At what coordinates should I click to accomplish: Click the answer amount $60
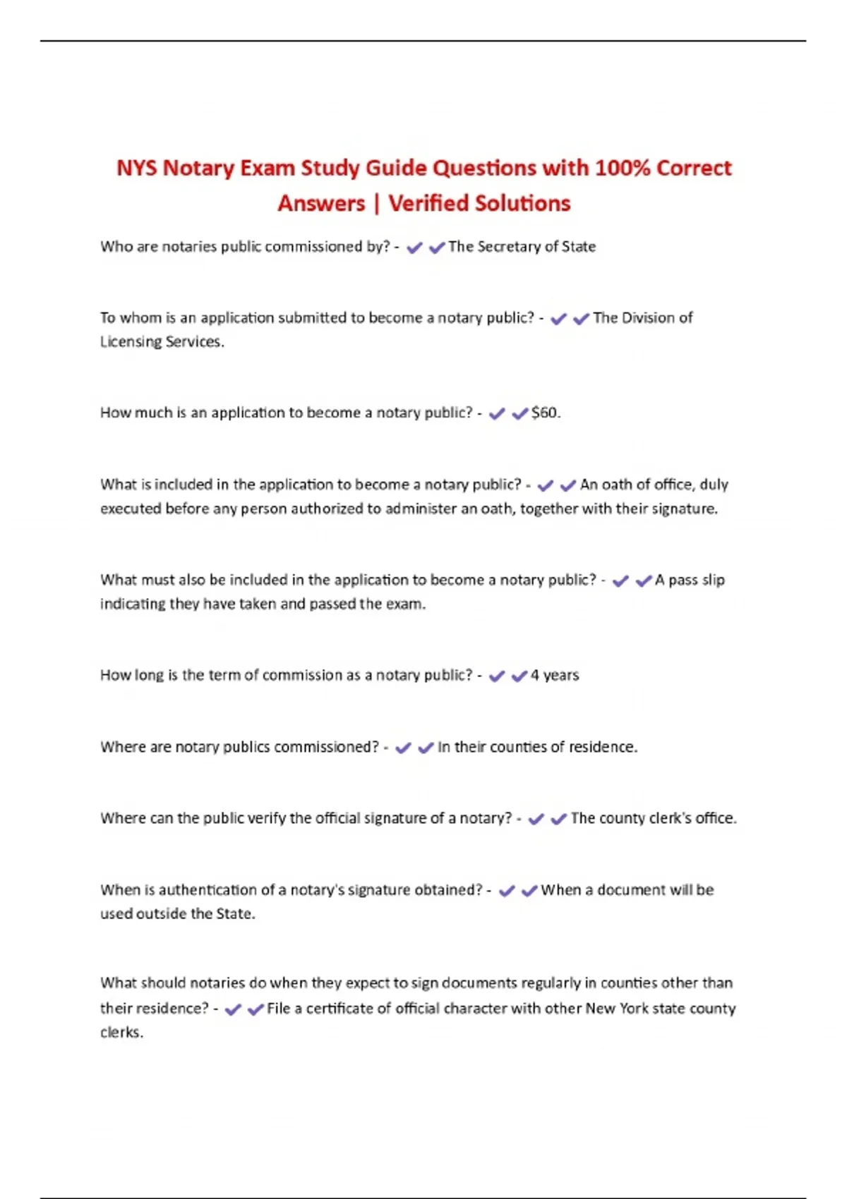[x=546, y=413]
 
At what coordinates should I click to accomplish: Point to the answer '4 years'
[x=555, y=676]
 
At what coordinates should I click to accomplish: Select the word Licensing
[x=128, y=342]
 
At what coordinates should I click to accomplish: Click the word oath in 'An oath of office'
[x=616, y=485]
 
